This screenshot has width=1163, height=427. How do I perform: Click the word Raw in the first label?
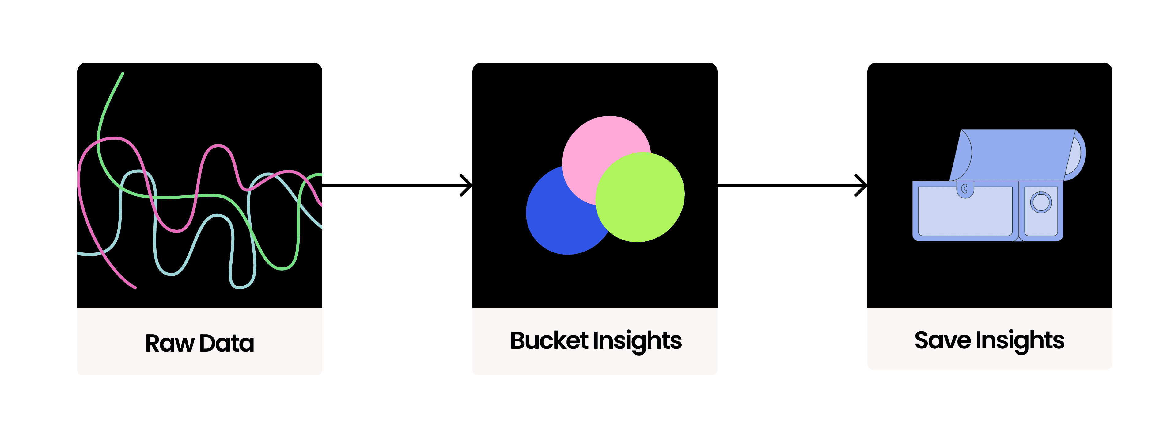tap(169, 343)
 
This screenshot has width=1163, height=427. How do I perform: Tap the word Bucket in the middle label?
tap(548, 341)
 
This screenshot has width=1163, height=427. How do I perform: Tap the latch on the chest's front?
tap(965, 190)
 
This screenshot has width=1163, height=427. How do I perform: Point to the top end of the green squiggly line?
tap(122, 74)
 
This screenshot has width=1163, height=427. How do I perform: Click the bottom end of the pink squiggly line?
tap(134, 287)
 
